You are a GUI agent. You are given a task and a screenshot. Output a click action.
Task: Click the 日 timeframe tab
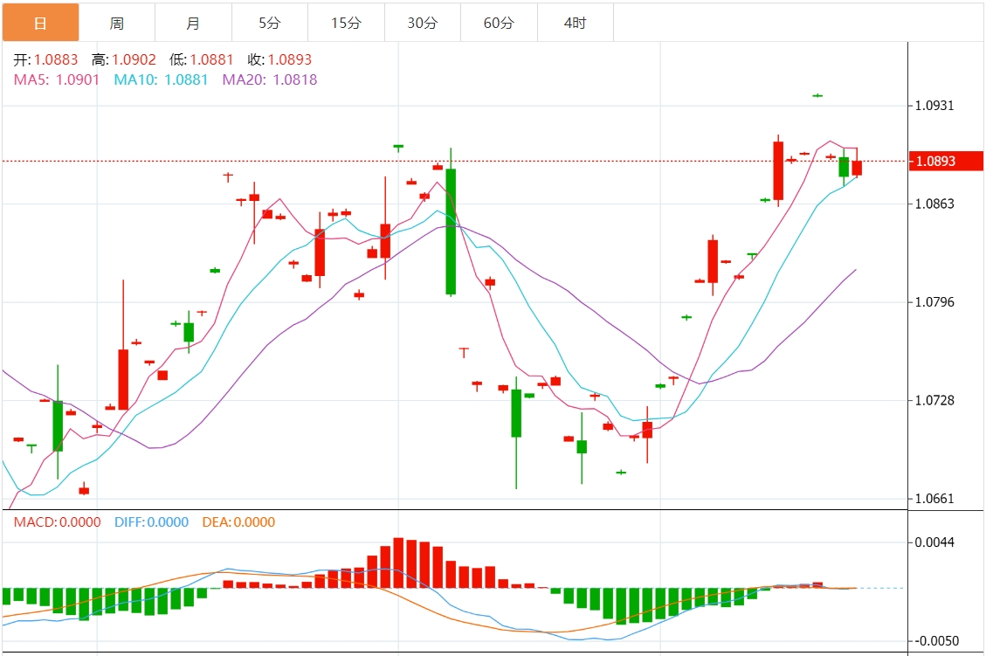tap(40, 24)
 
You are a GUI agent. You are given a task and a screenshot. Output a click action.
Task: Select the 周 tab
tap(117, 24)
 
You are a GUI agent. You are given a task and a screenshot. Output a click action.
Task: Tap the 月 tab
tap(193, 24)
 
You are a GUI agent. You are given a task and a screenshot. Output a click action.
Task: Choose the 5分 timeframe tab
tap(270, 24)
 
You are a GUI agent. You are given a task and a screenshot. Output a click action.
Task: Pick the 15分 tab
tap(346, 24)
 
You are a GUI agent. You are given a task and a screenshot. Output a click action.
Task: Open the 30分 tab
tap(423, 24)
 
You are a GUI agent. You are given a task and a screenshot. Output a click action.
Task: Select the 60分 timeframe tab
tap(499, 24)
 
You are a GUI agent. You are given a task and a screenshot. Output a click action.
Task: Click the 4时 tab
tap(575, 24)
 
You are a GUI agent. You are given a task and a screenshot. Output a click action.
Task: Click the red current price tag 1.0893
tap(946, 161)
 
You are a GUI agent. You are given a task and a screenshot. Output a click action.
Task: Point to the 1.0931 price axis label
tap(934, 106)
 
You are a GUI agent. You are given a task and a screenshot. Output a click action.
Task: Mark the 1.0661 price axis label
tap(934, 500)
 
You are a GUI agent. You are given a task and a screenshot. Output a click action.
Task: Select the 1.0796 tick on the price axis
tap(934, 302)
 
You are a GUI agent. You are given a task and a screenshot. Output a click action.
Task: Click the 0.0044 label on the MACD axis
tap(934, 542)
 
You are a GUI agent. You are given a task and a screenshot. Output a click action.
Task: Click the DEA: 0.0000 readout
tap(238, 522)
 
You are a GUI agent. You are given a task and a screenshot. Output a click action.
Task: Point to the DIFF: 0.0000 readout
tap(151, 522)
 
